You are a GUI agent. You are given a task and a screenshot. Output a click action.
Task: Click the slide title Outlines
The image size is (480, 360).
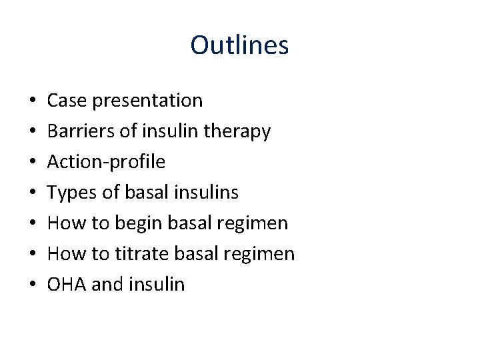(x=239, y=45)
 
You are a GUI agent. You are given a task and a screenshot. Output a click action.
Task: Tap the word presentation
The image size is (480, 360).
(x=148, y=101)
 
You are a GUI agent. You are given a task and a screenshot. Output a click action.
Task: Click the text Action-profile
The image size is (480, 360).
(x=106, y=162)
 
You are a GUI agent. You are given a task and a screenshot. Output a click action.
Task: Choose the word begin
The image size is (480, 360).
(x=137, y=223)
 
